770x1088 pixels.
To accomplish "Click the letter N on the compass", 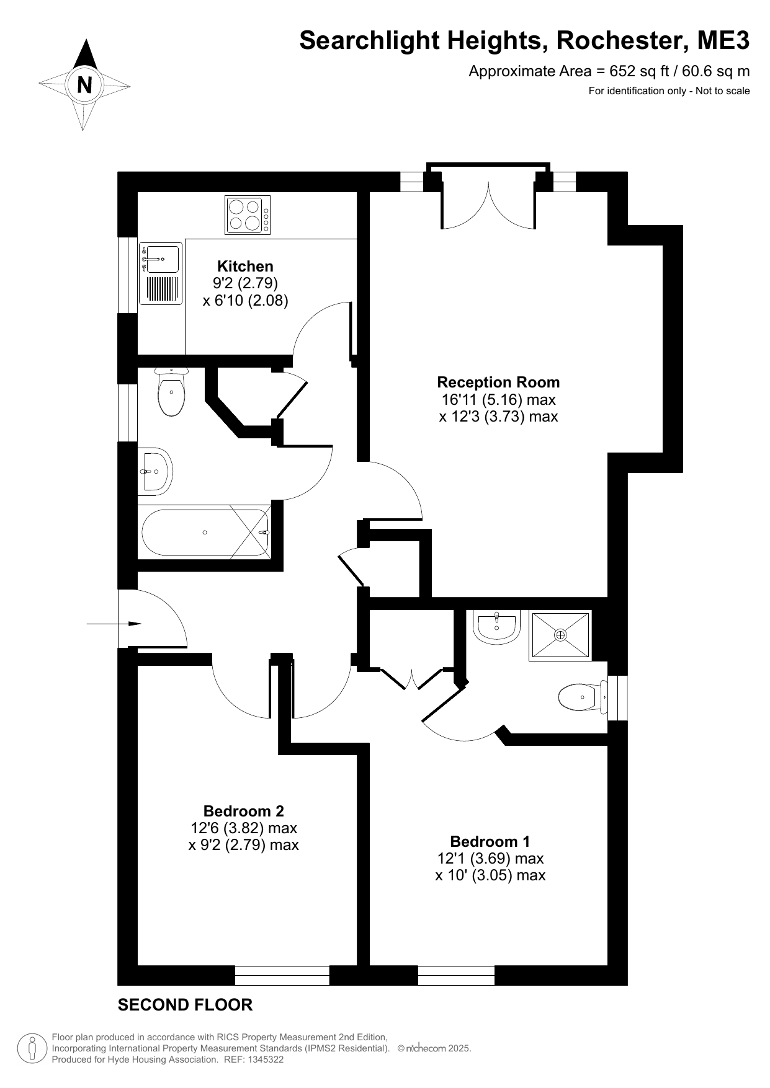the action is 84,84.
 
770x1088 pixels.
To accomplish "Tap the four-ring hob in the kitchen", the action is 248,215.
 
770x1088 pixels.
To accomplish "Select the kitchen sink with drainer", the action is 161,273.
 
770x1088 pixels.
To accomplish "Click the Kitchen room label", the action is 245,266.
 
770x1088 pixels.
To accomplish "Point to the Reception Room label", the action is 498,382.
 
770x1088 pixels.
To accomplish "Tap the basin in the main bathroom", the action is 154,471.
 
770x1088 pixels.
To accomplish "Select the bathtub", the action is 205,533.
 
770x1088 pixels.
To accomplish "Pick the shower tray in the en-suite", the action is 560,635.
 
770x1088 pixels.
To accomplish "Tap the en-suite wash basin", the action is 497,627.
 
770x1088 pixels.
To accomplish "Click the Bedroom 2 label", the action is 244,811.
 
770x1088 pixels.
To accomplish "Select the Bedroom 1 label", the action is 490,841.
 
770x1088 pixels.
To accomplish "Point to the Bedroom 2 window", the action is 282,975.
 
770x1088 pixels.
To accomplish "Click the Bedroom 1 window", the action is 456,975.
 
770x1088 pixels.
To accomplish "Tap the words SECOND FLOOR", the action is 185,1005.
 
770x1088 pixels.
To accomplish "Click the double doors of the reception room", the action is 488,205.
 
